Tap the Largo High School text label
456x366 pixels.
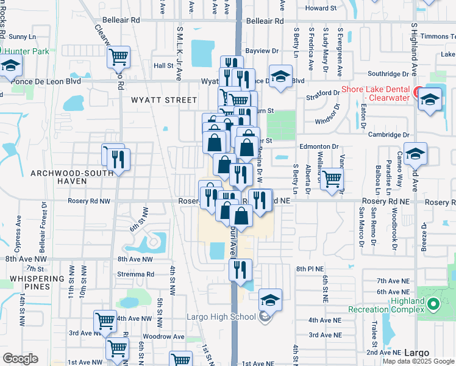[221, 316]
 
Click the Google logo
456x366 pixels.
[20, 358]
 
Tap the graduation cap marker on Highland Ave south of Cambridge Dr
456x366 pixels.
[415, 153]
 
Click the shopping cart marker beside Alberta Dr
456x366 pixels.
[332, 179]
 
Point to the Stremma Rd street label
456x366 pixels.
[136, 274]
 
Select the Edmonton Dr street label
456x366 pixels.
[318, 146]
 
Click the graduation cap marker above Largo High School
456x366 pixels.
[270, 300]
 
